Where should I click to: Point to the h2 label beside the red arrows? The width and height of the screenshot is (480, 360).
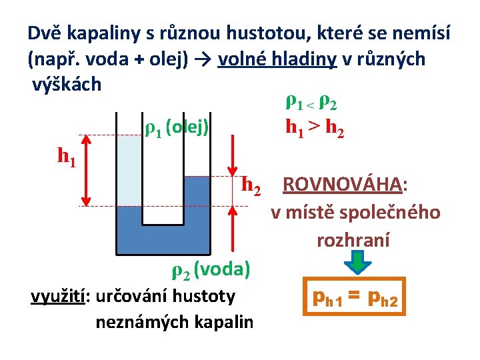coord(251,183)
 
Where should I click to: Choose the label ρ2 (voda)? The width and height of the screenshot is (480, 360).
coord(211,270)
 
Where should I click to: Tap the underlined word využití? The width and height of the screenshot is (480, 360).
coord(57,296)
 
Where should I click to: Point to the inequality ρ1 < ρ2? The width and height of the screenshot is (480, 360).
coord(311,103)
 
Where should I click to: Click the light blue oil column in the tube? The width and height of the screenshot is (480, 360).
coord(129,171)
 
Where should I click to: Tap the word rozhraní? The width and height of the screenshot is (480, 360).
coord(353,239)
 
